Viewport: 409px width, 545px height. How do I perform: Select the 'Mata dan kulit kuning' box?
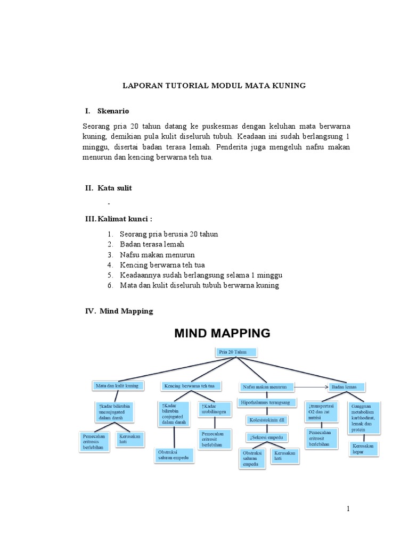point(117,385)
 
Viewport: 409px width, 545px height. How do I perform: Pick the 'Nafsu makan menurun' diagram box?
point(265,386)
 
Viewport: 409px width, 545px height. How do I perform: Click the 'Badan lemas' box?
point(347,386)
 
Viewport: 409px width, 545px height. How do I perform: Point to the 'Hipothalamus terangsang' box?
point(265,403)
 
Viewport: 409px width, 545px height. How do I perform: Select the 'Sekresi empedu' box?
point(267,437)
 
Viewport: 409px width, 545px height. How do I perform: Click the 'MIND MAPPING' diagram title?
point(223,334)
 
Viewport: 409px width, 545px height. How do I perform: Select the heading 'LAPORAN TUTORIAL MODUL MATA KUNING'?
point(214,85)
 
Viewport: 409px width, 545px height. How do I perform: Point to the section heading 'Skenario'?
point(113,111)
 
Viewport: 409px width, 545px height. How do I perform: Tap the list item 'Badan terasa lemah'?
point(152,244)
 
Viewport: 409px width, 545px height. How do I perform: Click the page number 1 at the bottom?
point(348,509)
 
